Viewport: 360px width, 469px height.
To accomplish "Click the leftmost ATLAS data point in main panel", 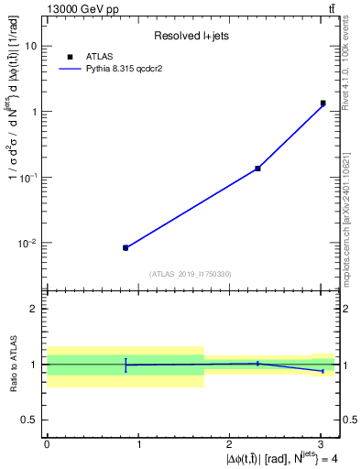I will pos(125,247).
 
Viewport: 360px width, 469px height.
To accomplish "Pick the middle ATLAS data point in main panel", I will pos(257,168).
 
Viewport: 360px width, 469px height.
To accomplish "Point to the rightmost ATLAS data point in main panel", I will pos(323,104).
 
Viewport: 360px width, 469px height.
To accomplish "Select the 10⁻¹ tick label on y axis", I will pos(27,177).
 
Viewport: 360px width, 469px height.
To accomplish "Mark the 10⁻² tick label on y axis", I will pos(27,243).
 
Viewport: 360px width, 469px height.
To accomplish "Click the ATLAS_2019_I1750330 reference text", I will pos(191,274).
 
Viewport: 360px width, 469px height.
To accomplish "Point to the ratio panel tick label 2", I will pos(34,309).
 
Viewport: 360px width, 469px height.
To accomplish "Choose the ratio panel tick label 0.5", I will pos(28,420).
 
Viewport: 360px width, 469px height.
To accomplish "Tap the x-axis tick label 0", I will pos(47,444).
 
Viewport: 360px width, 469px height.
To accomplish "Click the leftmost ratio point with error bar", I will pos(125,365).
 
